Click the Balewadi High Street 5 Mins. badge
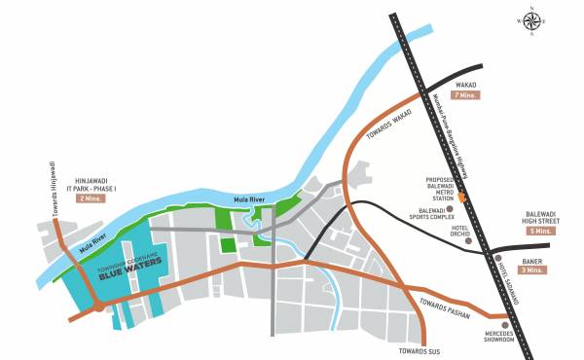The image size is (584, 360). coord(538,231)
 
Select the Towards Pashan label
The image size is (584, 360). coord(448,308)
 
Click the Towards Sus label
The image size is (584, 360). coord(419,349)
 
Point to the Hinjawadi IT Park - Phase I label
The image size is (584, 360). coord(94,183)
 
